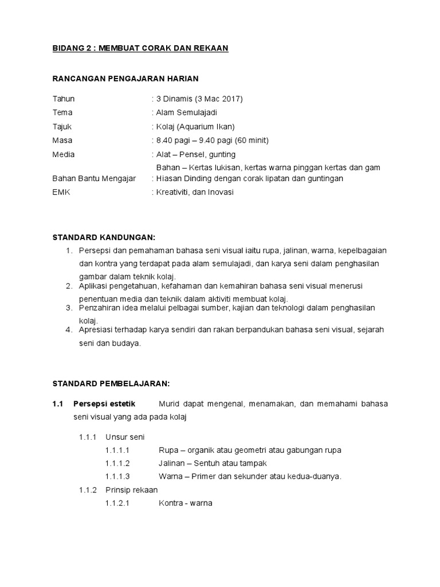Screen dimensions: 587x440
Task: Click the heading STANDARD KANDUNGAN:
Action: [x=104, y=237]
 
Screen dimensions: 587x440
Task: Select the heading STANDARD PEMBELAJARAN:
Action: [x=111, y=382]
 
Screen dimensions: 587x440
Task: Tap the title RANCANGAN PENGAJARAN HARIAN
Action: [x=125, y=79]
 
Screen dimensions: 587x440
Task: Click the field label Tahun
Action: [x=63, y=99]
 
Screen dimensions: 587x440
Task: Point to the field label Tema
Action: [x=62, y=112]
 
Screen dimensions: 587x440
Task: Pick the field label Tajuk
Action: [x=62, y=126]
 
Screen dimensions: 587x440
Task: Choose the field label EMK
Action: [x=61, y=192]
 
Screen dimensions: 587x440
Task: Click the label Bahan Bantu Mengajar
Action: [x=94, y=178]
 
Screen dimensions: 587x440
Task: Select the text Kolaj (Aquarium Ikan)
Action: [x=195, y=126]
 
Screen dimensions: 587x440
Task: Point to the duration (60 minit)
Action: [x=249, y=140]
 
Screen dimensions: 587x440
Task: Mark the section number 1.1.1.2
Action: [x=117, y=463]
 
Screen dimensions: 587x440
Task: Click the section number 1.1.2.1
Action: [x=117, y=504]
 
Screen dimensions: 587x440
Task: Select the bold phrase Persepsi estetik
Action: [x=101, y=404]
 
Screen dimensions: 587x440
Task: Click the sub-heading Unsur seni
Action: [x=121, y=437]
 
